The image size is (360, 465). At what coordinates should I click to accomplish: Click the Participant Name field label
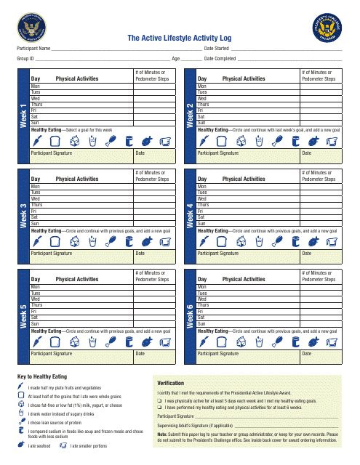[35, 48]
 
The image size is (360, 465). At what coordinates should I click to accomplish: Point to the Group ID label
[25, 57]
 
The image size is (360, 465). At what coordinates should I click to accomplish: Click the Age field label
[175, 57]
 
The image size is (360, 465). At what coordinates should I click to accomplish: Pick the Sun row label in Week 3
[34, 223]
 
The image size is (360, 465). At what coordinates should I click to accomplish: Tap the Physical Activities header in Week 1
[76, 78]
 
